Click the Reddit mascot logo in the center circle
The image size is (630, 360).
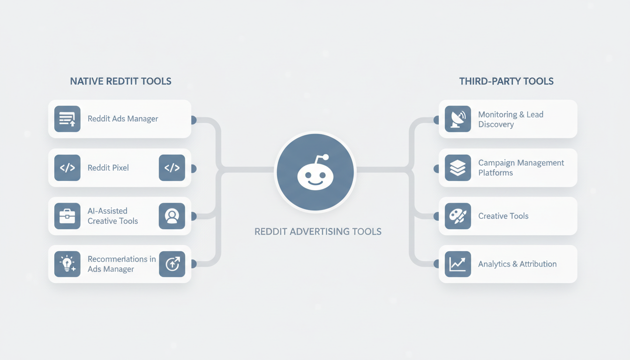pos(315,172)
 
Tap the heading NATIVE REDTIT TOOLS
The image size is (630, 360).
pos(120,81)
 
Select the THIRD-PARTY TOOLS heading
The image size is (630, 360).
pos(506,81)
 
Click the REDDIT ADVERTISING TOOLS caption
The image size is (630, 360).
pos(318,232)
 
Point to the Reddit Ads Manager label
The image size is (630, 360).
pos(123,119)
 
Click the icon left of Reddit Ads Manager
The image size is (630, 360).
pos(67,119)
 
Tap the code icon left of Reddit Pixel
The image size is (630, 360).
pos(67,168)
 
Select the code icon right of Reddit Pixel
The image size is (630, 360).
pos(172,168)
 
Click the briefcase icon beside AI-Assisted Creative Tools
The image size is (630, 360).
pos(67,216)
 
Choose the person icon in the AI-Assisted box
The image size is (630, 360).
pos(172,216)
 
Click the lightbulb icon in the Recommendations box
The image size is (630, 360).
pos(67,264)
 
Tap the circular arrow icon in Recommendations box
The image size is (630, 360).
pos(172,264)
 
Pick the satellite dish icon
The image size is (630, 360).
pos(458,119)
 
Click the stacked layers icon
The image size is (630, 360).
pos(458,168)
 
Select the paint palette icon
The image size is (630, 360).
pos(458,216)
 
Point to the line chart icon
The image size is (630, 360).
pos(458,264)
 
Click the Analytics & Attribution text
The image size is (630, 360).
pos(517,264)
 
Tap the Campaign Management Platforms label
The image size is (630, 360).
pos(521,168)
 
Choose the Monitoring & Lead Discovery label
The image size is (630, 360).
pos(510,119)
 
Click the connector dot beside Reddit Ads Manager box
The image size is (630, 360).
pos(194,120)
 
